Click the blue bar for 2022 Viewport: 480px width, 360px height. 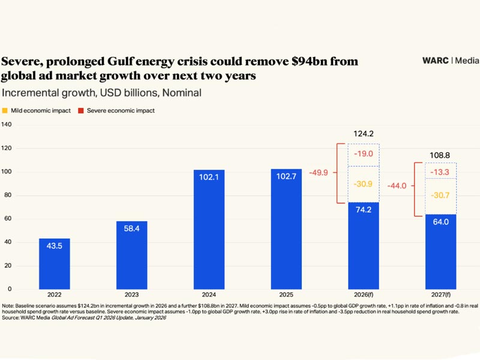coord(55,264)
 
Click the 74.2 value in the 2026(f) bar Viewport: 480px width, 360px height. coord(364,210)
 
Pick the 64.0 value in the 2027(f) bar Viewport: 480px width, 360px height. coord(440,222)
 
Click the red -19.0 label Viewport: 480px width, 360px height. coord(364,154)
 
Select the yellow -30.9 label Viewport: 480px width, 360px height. coord(364,184)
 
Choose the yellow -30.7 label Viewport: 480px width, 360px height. coord(440,196)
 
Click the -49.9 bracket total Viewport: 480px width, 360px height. coord(319,173)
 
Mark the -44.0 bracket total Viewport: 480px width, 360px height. coord(396,186)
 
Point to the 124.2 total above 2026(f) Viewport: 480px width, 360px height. coord(364,134)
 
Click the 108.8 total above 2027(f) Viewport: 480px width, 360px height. coord(440,155)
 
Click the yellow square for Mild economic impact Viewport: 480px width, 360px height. coord(5,110)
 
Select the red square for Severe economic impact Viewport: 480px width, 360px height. coord(81,110)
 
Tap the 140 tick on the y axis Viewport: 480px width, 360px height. coord(7,124)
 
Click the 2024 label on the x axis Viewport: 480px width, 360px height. coord(209,295)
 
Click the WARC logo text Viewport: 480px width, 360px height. coord(436,61)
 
